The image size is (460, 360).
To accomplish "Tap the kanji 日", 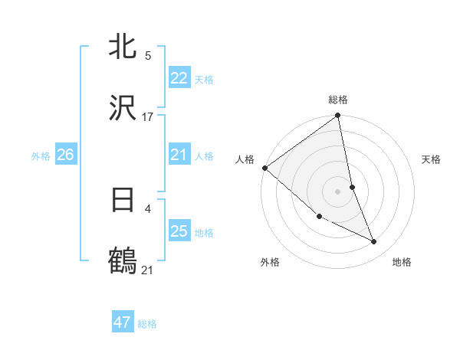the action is pos(123,200).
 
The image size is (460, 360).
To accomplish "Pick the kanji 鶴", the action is pos(123,260).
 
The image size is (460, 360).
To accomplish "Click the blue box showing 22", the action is pos(179,78).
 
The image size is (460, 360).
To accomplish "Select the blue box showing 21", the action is pos(179,155).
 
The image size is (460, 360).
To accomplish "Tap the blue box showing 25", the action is pos(179,231).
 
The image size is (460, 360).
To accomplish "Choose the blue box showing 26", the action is pos(65,155).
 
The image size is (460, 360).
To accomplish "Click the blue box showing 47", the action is pos(123,322).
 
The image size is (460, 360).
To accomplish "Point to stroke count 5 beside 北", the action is pos(148,56).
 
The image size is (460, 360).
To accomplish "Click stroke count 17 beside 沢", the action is pos(148,116).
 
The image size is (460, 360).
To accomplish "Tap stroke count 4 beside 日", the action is pos(147,208).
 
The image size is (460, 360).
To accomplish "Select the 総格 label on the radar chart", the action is pos(338,100).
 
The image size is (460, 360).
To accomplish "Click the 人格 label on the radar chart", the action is pos(245,159).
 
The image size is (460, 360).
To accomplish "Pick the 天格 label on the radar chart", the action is pos(432,159).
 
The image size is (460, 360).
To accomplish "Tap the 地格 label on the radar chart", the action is pos(402,262).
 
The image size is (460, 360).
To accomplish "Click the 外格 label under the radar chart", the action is pos(270,262).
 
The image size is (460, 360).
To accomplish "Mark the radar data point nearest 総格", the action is pos(338,116).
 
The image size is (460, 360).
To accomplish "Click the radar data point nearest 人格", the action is pos(264,168).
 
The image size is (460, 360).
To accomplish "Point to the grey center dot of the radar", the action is pos(338,191).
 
